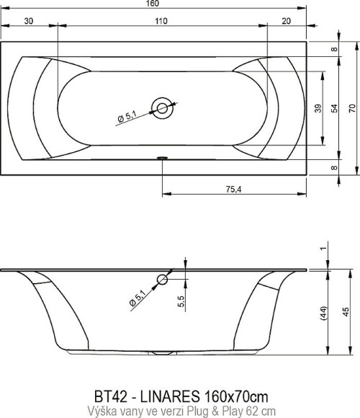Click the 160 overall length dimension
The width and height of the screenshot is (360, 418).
click(153, 4)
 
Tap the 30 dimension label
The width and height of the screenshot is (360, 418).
click(29, 21)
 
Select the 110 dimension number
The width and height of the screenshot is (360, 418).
click(161, 21)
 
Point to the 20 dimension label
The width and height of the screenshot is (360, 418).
click(287, 21)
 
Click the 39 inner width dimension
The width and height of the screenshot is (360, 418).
click(318, 108)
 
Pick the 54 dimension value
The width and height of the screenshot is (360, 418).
click(334, 108)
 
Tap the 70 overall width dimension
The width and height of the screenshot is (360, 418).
click(352, 108)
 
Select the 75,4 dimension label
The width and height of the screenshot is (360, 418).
click(233, 190)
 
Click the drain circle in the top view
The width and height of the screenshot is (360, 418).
click(162, 108)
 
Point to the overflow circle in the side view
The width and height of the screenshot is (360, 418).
click(162, 280)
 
